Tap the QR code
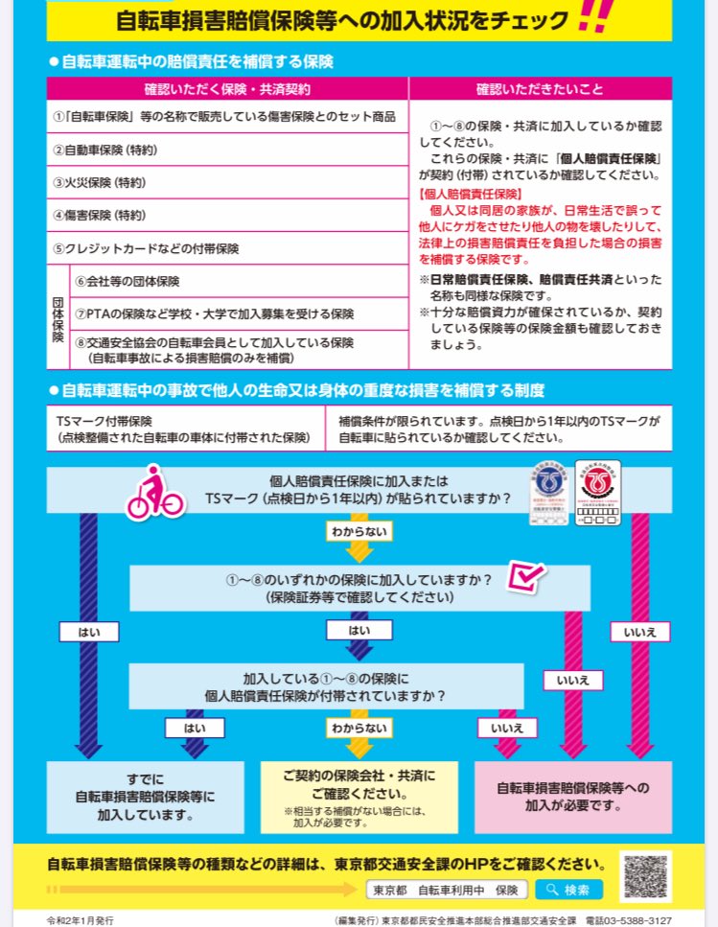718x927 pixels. [646, 875]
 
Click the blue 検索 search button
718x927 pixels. [568, 890]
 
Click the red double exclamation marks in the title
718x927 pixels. [596, 17]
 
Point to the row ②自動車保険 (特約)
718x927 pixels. [228, 150]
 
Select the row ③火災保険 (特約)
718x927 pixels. [228, 182]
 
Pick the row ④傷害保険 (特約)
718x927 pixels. [228, 215]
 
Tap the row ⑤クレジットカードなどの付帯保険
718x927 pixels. [228, 248]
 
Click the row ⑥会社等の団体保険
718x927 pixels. [240, 282]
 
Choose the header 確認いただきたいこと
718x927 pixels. [540, 89]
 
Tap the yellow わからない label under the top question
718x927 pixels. [358, 529]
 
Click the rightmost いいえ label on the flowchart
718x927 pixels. [639, 632]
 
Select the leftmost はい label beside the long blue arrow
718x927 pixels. [88, 632]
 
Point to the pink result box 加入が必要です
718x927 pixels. [572, 797]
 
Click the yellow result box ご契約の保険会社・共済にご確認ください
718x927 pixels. [359, 795]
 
